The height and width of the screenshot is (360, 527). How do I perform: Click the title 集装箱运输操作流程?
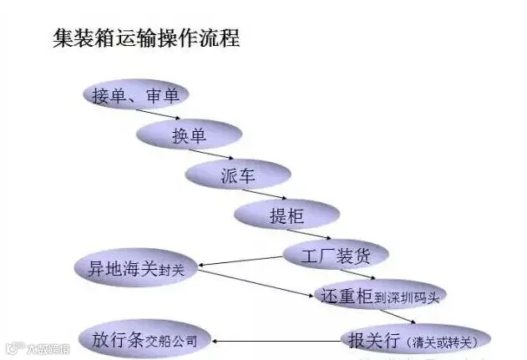click(x=146, y=38)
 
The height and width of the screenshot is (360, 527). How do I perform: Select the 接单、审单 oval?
click(x=136, y=94)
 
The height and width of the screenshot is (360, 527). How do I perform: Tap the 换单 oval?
click(x=189, y=134)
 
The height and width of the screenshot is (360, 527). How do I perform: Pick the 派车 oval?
click(x=238, y=175)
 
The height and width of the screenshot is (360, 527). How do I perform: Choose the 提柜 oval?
click(x=287, y=214)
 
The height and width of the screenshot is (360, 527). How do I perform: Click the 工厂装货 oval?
click(x=336, y=255)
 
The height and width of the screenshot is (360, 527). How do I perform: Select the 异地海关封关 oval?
click(x=136, y=267)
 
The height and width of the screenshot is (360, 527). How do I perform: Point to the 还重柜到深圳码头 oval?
click(x=380, y=295)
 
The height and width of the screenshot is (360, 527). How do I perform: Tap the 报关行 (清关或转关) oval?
click(x=415, y=339)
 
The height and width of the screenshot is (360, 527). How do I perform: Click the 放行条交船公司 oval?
click(x=144, y=339)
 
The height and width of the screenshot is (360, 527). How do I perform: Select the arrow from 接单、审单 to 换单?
click(x=158, y=114)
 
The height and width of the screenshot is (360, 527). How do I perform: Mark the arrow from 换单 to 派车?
click(x=210, y=154)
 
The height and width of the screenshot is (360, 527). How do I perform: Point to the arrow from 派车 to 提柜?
click(x=264, y=194)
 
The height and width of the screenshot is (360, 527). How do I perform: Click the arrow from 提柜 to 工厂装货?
click(x=308, y=234)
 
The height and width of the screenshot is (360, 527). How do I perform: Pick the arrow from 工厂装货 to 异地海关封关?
click(x=241, y=261)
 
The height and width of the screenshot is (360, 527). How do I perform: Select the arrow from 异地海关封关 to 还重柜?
click(x=256, y=283)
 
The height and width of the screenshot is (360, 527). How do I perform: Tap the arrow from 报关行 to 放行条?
click(x=276, y=342)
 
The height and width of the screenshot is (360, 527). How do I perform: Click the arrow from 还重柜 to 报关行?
click(x=398, y=317)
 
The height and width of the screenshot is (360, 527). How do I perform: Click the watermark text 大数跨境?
click(x=48, y=349)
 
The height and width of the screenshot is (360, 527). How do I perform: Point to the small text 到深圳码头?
click(x=407, y=297)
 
